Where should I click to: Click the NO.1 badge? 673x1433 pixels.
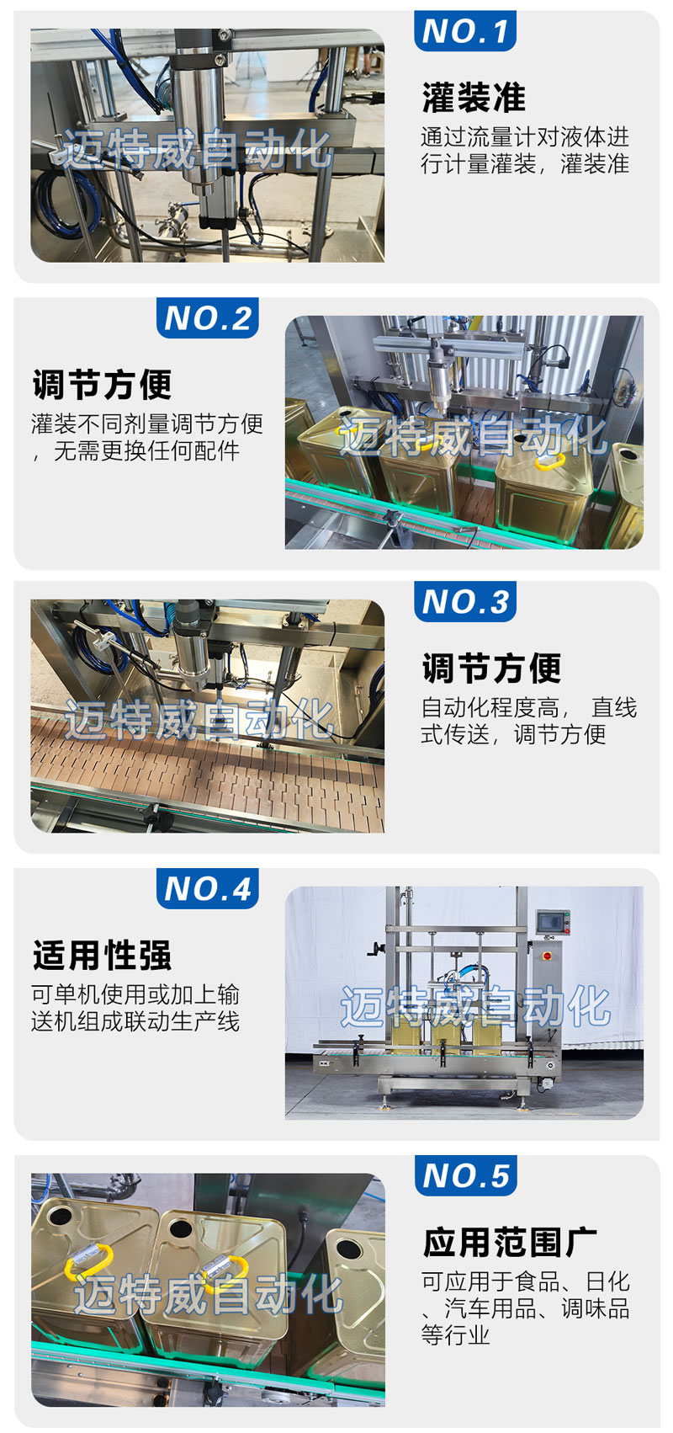pos(464,30)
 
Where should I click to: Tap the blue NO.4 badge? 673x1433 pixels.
pos(207,888)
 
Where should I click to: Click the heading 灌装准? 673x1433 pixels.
pos(474,97)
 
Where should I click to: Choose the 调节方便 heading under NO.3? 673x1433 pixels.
pos(491,668)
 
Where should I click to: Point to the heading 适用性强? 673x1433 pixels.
pos(103,955)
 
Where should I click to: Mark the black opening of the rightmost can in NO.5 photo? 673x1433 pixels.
pos(349,1248)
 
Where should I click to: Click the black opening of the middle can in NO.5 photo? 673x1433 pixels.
pos(181,1226)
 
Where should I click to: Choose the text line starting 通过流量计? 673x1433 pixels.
pos(525,136)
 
